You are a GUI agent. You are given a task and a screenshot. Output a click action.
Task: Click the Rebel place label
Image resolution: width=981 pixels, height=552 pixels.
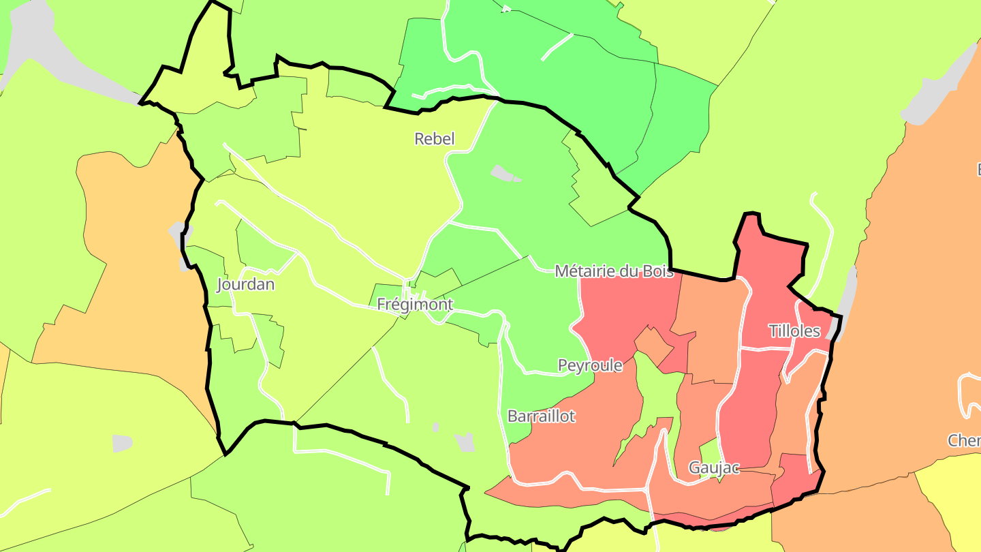(x=434, y=139)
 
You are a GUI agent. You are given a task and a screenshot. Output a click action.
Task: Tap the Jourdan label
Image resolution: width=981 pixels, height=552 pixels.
(x=245, y=284)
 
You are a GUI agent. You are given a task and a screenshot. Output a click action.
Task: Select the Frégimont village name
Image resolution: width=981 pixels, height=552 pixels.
(x=414, y=305)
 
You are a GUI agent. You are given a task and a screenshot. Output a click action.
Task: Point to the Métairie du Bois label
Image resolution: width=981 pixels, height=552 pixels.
(x=614, y=271)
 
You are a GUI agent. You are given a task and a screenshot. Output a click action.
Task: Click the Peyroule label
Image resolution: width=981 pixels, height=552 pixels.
(x=590, y=365)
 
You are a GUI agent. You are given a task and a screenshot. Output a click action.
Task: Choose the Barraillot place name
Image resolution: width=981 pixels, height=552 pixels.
(x=542, y=416)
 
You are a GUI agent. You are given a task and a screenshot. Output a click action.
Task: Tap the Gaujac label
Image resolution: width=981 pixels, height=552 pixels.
(x=714, y=467)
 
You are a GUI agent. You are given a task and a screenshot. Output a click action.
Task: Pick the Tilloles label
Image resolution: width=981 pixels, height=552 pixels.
(x=794, y=331)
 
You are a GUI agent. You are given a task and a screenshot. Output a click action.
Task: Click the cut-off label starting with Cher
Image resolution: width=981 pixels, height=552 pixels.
(x=964, y=440)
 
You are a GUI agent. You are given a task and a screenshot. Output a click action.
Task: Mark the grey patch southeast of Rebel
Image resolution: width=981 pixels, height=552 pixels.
(x=505, y=174)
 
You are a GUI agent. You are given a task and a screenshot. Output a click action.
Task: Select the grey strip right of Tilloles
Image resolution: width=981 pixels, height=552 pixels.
(x=846, y=300)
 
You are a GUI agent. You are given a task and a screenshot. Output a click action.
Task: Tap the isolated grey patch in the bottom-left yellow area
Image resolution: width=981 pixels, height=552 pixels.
(x=122, y=443)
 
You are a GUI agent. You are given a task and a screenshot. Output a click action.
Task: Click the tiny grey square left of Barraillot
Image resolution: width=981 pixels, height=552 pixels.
(x=436, y=427)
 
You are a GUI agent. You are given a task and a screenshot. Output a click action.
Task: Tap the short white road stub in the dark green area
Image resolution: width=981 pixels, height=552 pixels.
(x=557, y=46)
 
